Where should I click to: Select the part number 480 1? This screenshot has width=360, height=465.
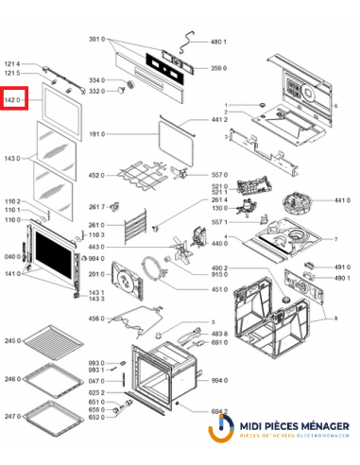217,43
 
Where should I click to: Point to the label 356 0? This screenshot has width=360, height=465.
217,68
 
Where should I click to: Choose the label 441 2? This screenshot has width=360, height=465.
217,121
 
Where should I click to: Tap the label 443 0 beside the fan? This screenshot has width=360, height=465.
96,248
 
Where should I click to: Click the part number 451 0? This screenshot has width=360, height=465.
217,289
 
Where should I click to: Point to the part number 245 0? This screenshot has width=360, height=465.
12,340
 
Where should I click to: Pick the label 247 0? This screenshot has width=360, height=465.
12,416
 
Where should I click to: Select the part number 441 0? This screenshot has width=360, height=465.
342,201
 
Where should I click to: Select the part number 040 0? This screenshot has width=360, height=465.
12,256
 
